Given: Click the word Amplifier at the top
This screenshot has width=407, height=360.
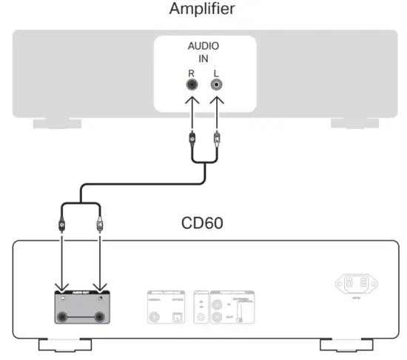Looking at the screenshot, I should click(x=203, y=10).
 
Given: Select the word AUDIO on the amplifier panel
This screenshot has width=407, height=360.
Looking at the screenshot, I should click(x=203, y=46).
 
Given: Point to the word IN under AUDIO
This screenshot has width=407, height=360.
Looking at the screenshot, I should click(x=203, y=59).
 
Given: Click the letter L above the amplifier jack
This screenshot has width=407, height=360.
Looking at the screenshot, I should click(x=216, y=73).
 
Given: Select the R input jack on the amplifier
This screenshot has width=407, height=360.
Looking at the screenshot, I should click(x=192, y=87).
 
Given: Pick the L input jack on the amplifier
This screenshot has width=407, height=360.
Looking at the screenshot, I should click(x=216, y=87).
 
